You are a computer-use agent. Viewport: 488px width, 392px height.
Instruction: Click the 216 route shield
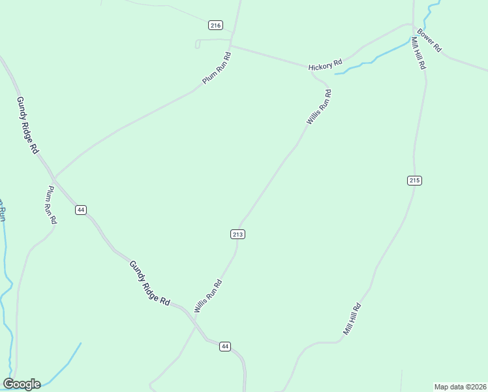click(x=216, y=25)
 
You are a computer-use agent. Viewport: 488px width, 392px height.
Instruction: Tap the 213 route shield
click(x=238, y=234)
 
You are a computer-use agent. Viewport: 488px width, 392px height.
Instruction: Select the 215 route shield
click(x=415, y=180)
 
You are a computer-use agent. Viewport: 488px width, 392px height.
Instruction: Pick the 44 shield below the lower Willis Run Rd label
click(x=224, y=346)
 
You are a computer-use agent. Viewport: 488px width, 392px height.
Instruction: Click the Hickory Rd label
click(x=326, y=65)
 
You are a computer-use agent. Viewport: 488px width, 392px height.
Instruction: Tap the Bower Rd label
click(x=429, y=41)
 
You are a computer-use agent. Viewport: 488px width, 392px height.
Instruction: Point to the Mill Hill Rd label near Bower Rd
click(x=418, y=54)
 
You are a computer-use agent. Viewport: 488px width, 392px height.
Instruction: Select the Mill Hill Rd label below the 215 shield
click(x=352, y=319)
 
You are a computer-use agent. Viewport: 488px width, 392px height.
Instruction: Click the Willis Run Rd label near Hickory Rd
click(x=319, y=107)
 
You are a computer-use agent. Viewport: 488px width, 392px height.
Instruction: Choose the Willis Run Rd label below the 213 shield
click(x=208, y=297)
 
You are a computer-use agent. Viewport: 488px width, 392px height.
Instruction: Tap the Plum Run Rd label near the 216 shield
click(x=217, y=67)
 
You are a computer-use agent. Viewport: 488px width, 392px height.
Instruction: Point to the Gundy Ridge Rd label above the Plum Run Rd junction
click(x=28, y=125)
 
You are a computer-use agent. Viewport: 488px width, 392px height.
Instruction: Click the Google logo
click(x=22, y=384)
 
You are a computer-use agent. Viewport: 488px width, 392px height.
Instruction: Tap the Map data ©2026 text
click(x=460, y=387)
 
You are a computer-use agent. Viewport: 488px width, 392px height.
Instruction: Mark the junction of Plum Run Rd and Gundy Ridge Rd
click(x=55, y=177)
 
